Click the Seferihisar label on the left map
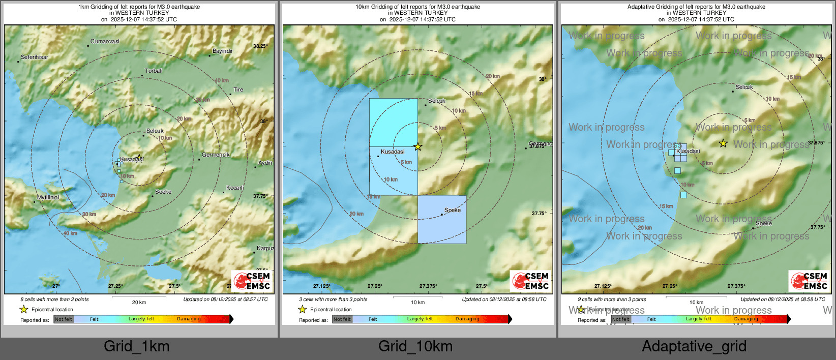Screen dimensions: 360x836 35,57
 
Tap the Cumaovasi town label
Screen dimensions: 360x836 105,41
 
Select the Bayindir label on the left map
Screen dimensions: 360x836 223,51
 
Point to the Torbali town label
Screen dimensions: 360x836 154,71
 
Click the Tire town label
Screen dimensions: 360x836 238,89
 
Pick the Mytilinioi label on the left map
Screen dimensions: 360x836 48,197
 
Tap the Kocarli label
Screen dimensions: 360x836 235,188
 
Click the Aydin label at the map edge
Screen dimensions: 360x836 265,163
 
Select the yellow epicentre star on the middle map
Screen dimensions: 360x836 417,147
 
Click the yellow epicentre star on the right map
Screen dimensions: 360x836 723,144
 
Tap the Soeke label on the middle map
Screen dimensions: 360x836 453,210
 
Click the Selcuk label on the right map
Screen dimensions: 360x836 744,87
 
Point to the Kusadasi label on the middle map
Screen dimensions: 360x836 393,152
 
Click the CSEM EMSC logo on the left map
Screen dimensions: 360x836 252,281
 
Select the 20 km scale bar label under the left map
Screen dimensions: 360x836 139,302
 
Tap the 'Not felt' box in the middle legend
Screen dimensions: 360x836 342,319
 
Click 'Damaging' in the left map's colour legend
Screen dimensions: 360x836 189,319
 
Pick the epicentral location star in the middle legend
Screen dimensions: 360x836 303,309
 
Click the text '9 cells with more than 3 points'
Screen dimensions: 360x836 611,299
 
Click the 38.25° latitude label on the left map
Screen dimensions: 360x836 260,46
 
